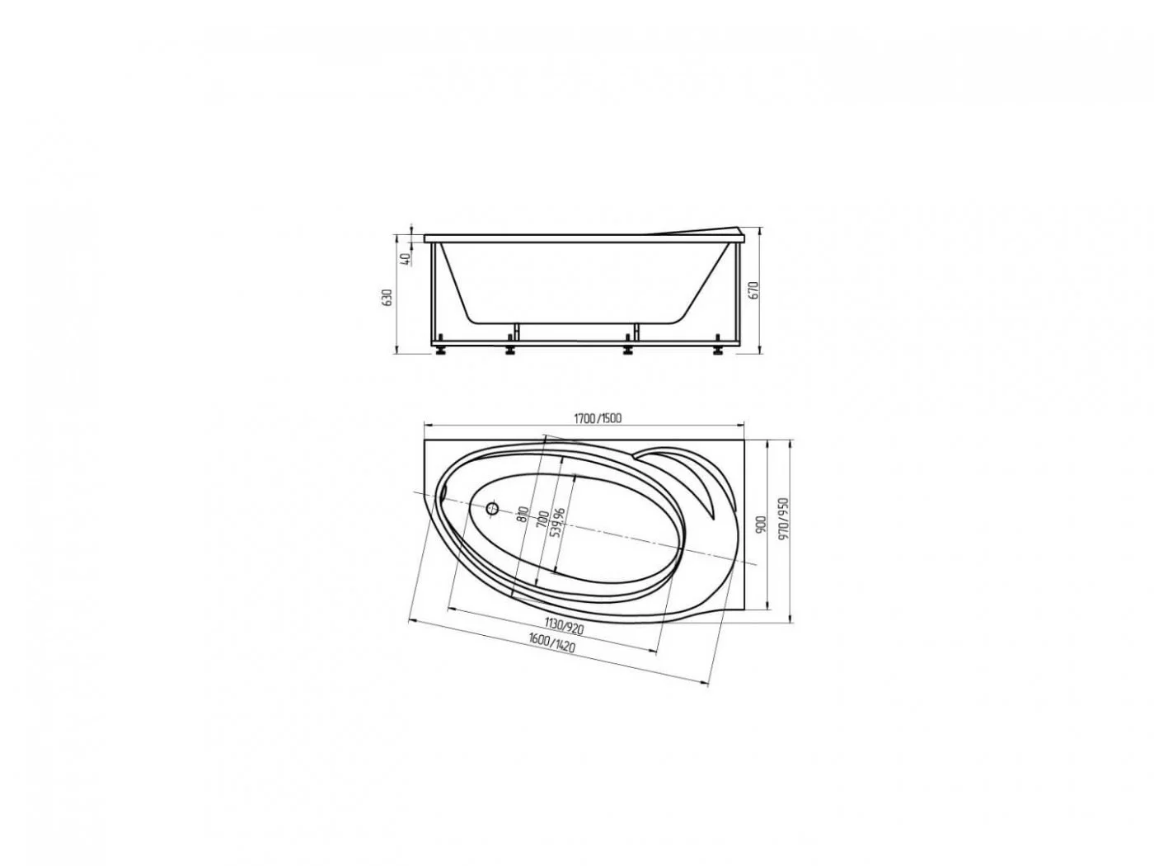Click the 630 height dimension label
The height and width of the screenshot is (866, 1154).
pos(388,298)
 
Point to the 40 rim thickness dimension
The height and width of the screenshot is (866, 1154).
pos(404,259)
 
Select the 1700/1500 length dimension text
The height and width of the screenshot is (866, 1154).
pos(598,418)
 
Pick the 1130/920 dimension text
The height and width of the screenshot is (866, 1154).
pos(564,626)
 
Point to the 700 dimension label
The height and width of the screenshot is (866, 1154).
pos(543,519)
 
